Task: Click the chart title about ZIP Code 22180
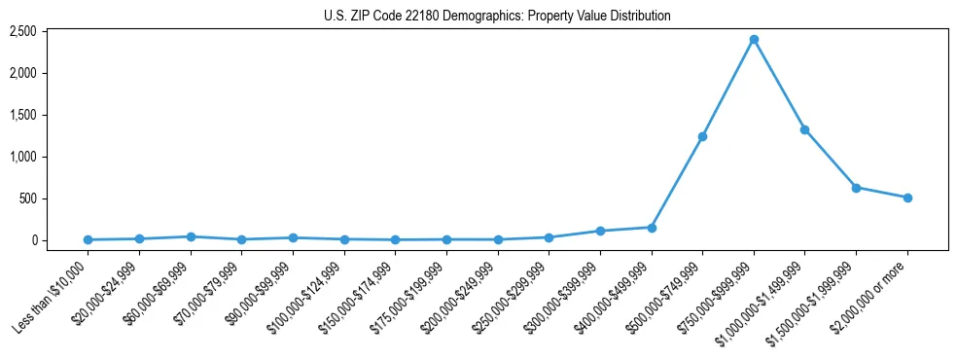(497, 16)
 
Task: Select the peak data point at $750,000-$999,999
(754, 40)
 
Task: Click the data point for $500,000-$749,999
(702, 136)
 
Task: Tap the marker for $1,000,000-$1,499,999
(804, 129)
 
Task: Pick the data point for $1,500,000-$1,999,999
(856, 188)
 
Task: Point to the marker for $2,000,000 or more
(907, 198)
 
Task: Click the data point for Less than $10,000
(89, 239)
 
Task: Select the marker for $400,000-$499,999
(652, 228)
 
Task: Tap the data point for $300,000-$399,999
(600, 231)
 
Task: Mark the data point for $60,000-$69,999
(191, 236)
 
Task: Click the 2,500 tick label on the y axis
(22, 32)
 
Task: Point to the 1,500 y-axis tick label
(22, 115)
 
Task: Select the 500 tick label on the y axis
(26, 198)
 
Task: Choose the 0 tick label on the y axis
(32, 240)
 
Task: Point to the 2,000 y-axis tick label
(22, 74)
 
